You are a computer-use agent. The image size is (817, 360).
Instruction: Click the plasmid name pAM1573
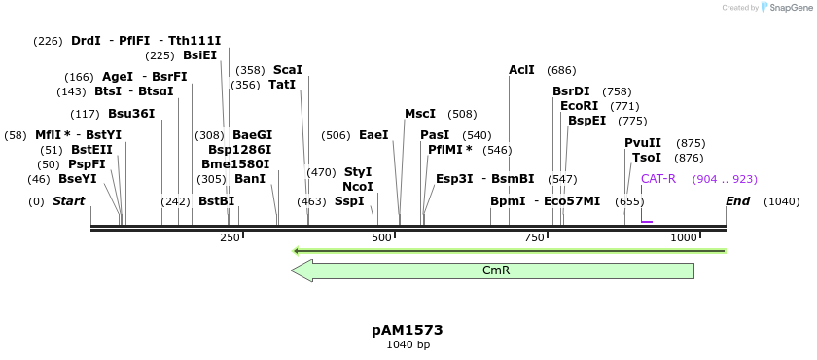408,330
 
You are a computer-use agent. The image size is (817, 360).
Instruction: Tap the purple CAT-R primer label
658,179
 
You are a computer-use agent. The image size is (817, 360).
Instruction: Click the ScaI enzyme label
288,70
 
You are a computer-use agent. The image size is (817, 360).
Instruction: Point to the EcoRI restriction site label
580,106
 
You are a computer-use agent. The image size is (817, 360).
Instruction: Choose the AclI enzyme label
522,70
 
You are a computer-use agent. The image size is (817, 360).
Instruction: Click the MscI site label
420,114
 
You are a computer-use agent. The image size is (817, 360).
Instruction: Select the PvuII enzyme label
643,143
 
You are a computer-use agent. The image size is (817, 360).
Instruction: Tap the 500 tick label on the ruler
381,238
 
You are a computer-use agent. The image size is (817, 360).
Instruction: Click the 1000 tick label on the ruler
684,238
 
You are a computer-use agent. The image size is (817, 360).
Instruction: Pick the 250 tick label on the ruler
230,238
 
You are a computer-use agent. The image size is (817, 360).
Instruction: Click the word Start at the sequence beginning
68,201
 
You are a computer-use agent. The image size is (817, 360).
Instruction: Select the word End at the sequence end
737,201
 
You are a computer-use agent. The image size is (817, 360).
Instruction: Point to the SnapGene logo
786,8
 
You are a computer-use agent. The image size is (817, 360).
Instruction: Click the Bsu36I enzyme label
131,114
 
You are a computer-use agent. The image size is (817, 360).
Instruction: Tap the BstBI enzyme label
216,201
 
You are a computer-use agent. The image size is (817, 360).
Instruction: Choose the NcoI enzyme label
358,187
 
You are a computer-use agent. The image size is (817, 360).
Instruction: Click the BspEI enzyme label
586,121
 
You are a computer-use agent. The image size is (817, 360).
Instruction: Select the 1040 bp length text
408,344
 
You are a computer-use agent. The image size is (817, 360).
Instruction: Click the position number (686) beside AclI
561,70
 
